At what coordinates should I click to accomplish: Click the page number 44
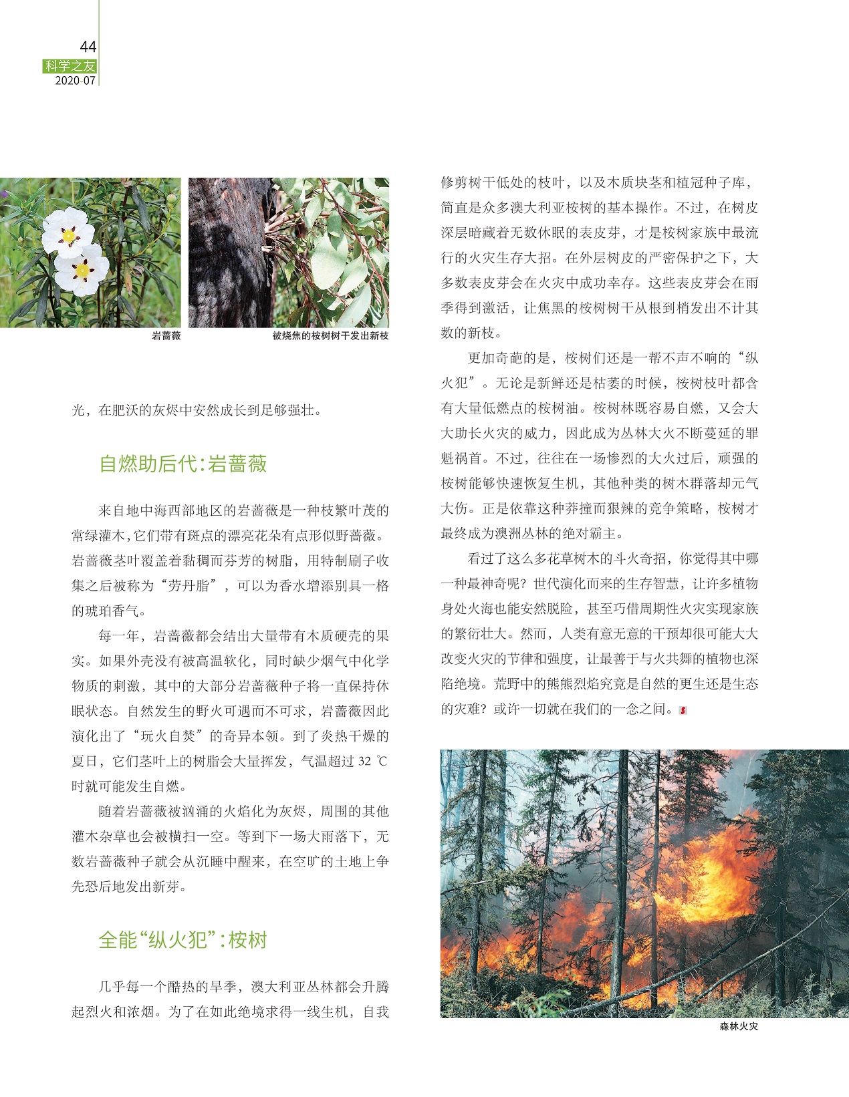88,47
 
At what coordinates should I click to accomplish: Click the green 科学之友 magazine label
70,66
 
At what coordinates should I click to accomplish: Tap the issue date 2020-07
75,81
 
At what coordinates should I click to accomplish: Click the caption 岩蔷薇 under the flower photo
166,336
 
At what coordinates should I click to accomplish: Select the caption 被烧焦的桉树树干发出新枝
330,336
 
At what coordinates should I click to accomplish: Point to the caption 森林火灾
739,1026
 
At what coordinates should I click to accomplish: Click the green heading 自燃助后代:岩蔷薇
183,464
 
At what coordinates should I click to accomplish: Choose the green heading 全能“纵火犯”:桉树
183,940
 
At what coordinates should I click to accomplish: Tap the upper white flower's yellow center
68,235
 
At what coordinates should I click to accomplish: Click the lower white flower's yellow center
82,271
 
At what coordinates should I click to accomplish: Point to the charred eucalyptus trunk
227,261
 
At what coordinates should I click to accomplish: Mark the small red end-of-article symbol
683,710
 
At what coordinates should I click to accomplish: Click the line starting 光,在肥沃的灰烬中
197,410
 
